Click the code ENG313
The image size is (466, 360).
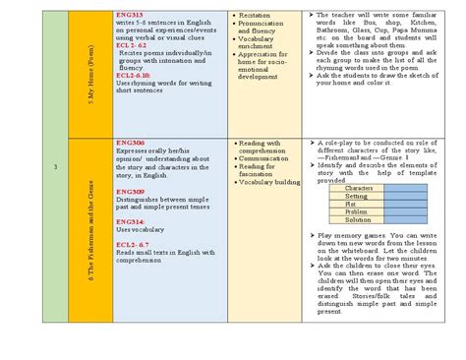click(129, 17)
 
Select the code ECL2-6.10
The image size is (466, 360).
click(134, 76)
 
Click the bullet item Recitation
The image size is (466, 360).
click(259, 17)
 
